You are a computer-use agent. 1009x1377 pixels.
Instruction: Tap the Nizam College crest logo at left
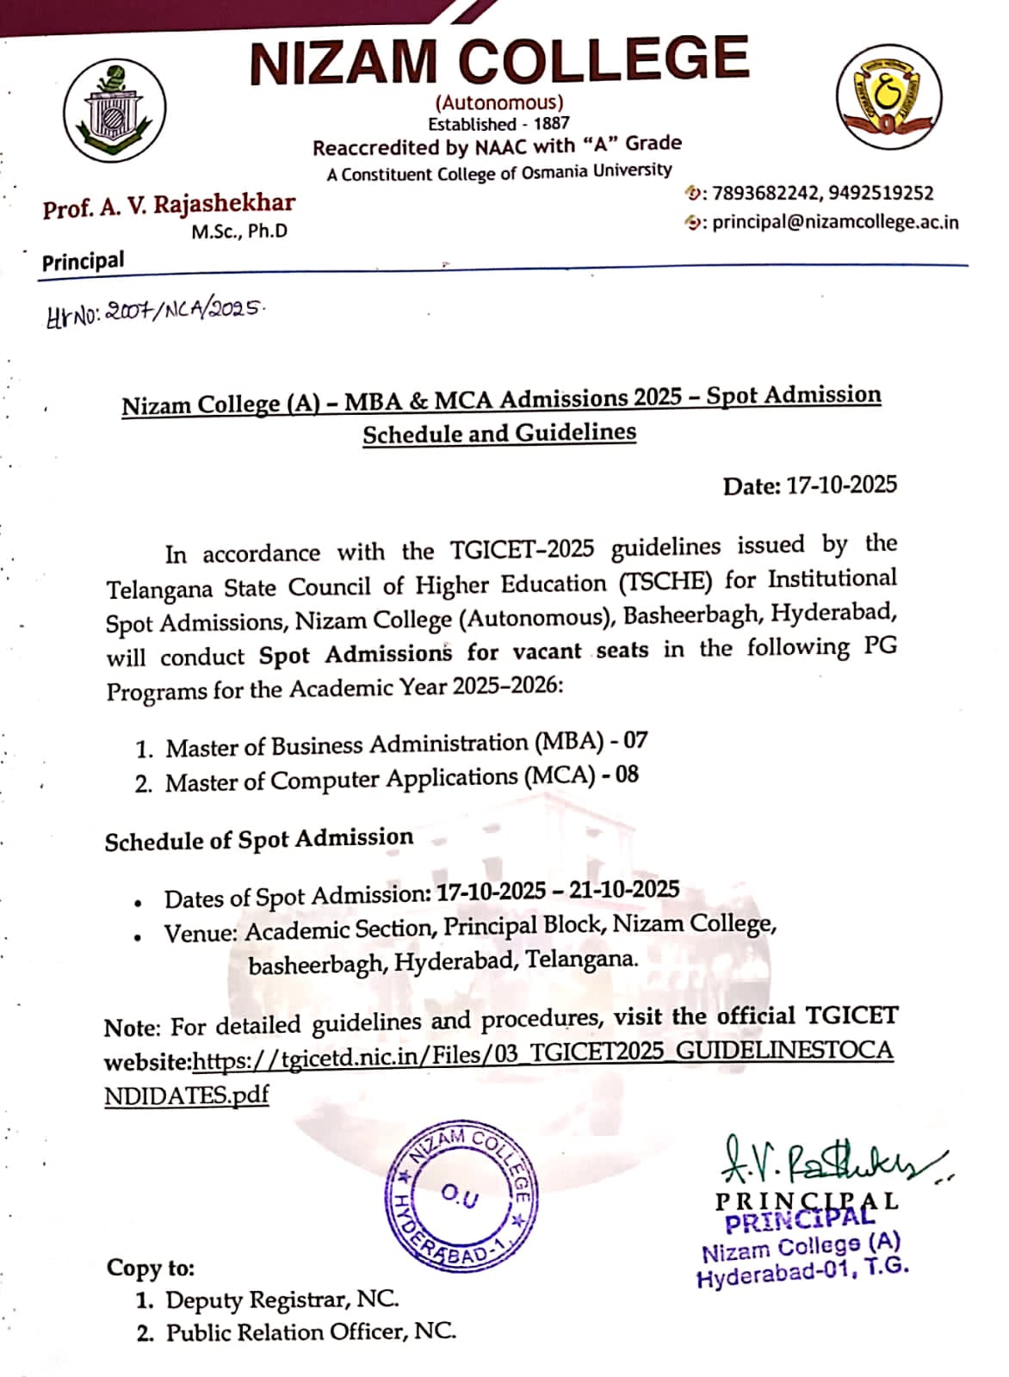tap(115, 113)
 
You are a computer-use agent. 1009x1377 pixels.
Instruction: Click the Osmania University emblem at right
tap(888, 96)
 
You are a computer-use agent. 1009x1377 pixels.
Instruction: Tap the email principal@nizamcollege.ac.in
tap(834, 221)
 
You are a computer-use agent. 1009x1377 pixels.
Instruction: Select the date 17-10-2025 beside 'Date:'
tap(841, 485)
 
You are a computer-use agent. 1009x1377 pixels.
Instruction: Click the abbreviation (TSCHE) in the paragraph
tap(666, 582)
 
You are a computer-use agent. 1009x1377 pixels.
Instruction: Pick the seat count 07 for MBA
tap(635, 740)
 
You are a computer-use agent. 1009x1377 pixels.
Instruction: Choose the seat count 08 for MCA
tap(627, 775)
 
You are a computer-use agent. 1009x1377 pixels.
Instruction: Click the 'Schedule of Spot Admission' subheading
tap(258, 839)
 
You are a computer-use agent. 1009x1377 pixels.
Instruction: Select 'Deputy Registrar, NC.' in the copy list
tap(282, 1300)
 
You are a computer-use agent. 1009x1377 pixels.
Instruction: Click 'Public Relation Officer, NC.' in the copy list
tap(310, 1332)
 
